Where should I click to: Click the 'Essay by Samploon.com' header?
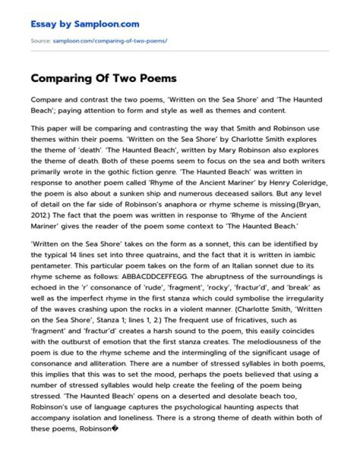coord(85,24)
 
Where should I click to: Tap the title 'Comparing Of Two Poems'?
coord(103,78)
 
